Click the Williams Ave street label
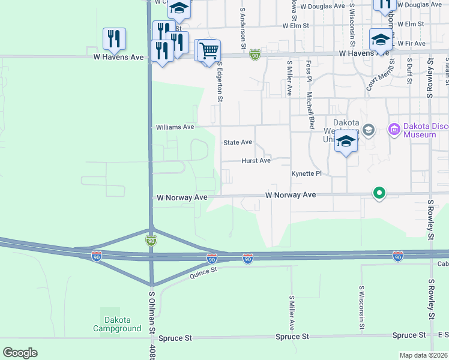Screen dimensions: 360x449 pos(175,127)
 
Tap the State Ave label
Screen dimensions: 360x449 pos(238,143)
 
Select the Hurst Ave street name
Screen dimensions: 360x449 pos(256,161)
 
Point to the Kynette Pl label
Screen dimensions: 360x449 pos(307,173)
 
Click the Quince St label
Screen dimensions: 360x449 pos(202,274)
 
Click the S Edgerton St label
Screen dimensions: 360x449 pos(220,80)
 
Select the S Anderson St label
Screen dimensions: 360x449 pos(243,28)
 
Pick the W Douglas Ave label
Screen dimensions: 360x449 pos(322,5)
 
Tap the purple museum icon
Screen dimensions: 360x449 pos(394,128)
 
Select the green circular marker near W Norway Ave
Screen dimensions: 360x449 pos(379,193)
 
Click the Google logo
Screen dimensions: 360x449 pos(20,352)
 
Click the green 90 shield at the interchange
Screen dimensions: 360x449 pos(151,241)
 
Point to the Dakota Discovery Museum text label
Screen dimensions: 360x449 pos(420,130)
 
